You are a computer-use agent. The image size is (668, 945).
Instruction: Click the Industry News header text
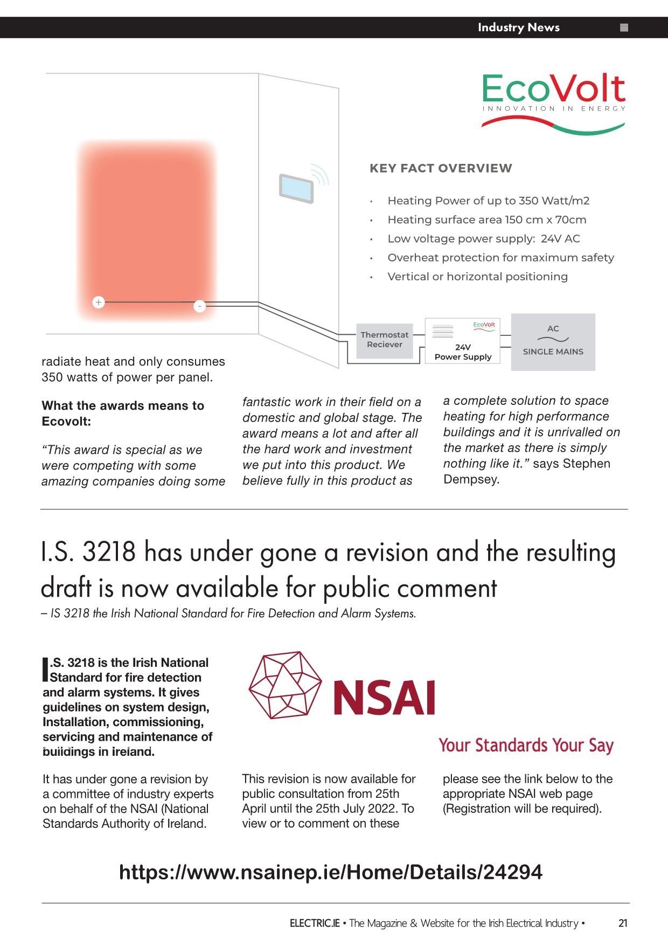(x=518, y=27)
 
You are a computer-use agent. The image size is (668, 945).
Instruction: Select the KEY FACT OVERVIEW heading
(x=441, y=168)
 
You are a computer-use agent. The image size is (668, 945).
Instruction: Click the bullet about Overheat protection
(x=500, y=258)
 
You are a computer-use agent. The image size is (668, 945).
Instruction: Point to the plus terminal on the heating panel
(x=98, y=302)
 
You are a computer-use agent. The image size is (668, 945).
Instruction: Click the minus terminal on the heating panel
(x=199, y=306)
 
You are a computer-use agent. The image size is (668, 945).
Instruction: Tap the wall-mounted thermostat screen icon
(x=296, y=188)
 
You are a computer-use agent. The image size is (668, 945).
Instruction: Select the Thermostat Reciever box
(x=385, y=340)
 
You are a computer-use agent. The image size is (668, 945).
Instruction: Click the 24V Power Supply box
(x=463, y=341)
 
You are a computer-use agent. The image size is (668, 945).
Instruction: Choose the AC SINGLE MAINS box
(x=553, y=342)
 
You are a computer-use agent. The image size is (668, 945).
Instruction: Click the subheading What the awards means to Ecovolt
(x=123, y=413)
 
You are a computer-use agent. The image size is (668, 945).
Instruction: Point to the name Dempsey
(x=471, y=479)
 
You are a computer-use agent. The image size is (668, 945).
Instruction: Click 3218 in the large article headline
(x=109, y=552)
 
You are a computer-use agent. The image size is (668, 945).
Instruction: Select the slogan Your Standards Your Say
(x=526, y=745)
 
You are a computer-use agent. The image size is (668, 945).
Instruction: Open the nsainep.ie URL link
(x=330, y=872)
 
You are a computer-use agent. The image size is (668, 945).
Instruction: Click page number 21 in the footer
(x=623, y=923)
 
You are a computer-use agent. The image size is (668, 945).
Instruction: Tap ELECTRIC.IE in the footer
(x=315, y=923)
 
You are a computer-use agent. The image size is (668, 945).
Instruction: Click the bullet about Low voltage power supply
(x=483, y=239)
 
